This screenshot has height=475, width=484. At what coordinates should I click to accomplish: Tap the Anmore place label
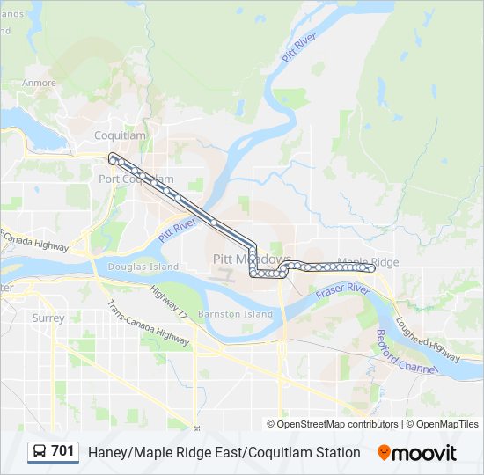click(39, 84)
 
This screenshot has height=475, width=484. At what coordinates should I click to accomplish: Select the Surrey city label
click(48, 318)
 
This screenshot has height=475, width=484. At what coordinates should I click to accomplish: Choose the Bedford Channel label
click(406, 352)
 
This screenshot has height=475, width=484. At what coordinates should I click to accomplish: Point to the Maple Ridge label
click(368, 262)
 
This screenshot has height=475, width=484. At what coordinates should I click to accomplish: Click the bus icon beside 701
click(40, 452)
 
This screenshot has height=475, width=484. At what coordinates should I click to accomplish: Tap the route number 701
click(62, 451)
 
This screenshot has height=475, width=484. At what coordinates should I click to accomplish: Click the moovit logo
click(417, 453)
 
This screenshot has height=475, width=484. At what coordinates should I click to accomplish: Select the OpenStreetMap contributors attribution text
click(338, 424)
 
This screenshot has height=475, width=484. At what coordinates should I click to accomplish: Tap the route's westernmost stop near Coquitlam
click(112, 157)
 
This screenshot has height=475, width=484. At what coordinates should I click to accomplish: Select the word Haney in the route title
click(107, 452)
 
